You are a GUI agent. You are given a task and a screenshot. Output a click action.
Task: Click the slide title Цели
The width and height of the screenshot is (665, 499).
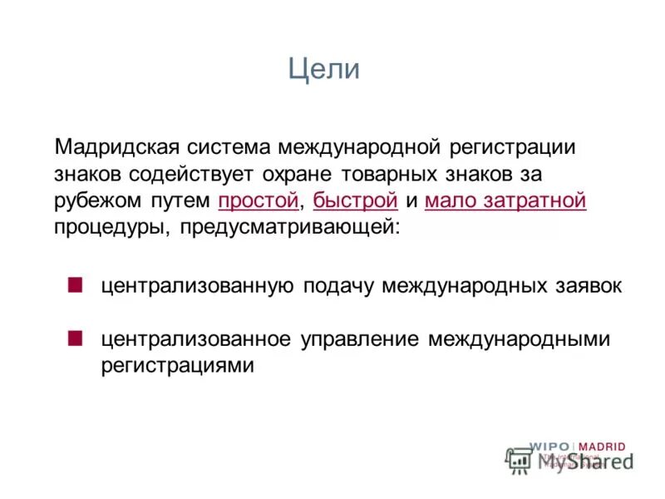324,69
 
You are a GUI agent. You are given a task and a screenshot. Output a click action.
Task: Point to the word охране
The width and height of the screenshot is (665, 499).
310,174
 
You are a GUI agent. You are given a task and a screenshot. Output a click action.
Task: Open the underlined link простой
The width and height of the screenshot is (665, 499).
258,200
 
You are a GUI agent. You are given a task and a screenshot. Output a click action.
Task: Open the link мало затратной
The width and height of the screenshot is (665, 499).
505,200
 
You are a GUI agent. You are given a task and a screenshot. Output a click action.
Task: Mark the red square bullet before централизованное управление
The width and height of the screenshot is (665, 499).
76,338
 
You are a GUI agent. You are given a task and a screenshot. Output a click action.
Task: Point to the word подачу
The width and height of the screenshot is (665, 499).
338,286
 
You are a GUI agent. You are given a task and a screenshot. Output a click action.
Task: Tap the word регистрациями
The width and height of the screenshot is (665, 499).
177,366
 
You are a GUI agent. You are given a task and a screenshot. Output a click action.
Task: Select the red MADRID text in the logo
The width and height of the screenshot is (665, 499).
602,447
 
